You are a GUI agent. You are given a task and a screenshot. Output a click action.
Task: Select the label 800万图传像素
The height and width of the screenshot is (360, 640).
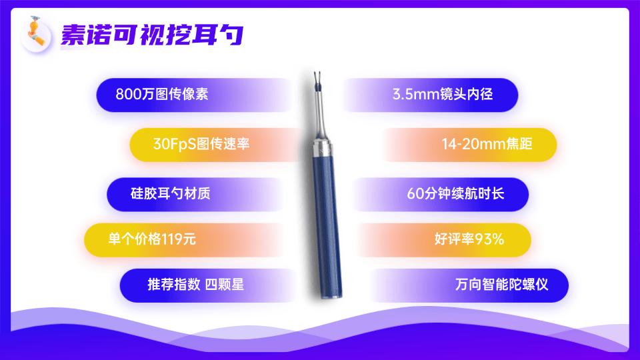pos(162,94)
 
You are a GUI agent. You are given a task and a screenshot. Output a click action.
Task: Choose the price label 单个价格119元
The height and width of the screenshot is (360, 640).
pos(152,239)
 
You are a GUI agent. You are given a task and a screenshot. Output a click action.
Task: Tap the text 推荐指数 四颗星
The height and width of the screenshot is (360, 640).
pos(195,285)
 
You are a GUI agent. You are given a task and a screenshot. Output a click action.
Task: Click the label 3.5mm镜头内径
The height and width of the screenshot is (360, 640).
pos(443,94)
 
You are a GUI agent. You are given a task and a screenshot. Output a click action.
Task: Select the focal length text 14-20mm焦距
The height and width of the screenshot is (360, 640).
pos(487,144)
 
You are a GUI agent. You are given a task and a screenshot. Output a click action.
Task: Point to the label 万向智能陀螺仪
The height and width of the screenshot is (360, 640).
pos(501,285)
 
